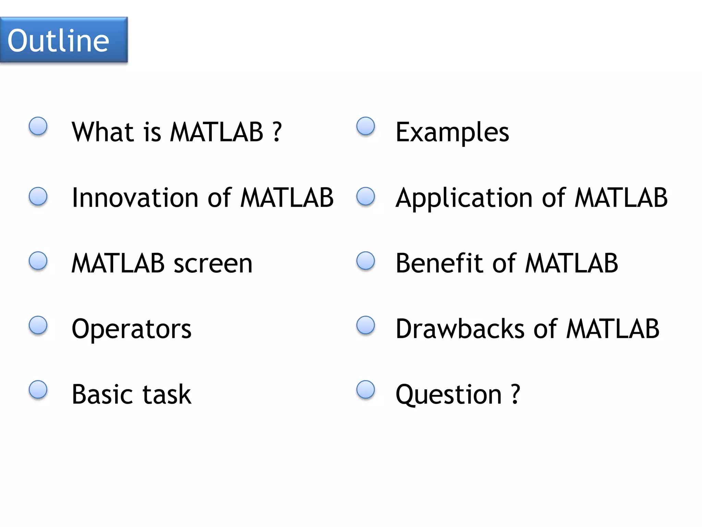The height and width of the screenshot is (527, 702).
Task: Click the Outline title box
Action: [64, 40]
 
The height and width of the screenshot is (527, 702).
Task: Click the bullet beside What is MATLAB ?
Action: [38, 126]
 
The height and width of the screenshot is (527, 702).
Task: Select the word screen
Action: [213, 263]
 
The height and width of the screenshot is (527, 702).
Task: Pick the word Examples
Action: [452, 132]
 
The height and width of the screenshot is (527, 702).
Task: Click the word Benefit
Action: [439, 263]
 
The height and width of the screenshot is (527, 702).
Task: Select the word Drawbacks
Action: [460, 329]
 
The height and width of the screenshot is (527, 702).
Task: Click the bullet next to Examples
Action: [366, 126]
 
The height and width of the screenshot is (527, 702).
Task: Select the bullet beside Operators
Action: [38, 325]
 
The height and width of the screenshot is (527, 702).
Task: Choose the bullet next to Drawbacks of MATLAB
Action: [366, 325]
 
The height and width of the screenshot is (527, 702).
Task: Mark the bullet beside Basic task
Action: [38, 390]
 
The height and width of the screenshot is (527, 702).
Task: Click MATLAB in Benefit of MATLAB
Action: [571, 263]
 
